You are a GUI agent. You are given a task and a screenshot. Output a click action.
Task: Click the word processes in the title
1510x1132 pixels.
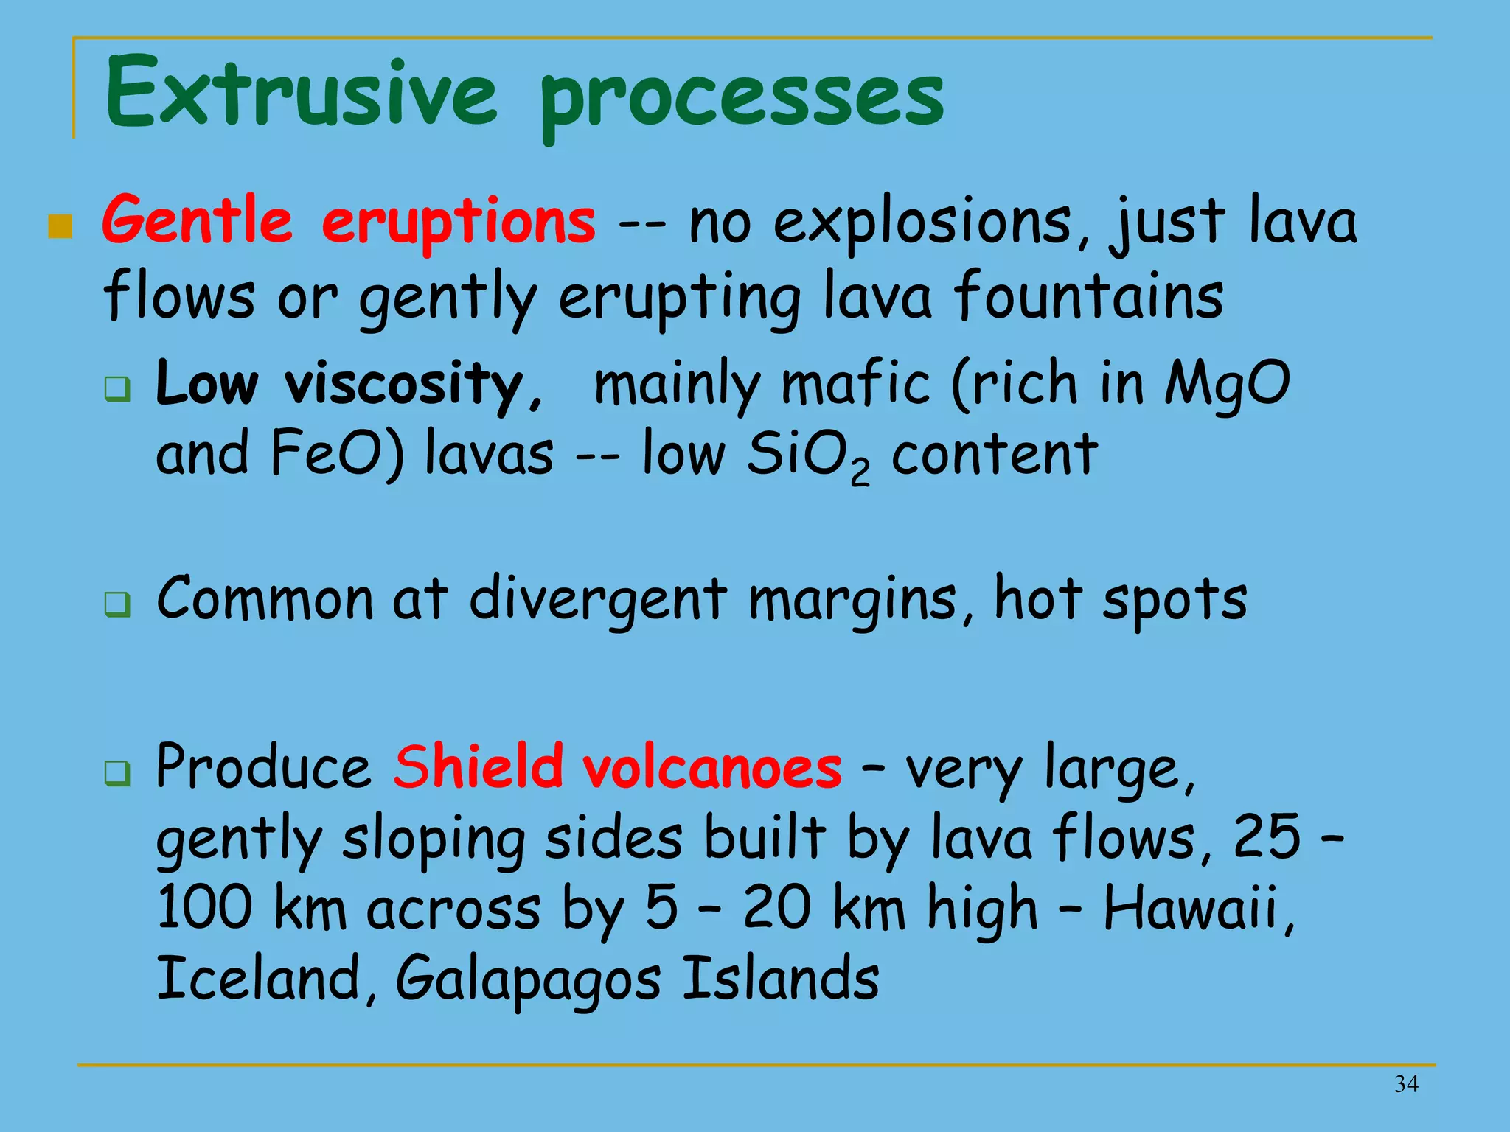(741, 99)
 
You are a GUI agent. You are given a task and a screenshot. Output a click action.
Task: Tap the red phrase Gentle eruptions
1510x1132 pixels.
(348, 221)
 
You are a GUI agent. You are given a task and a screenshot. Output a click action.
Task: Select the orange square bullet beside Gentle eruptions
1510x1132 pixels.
(60, 227)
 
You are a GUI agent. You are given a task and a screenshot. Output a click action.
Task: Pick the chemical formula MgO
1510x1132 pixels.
(1227, 383)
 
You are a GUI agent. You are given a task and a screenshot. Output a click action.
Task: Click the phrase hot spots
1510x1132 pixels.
(1120, 598)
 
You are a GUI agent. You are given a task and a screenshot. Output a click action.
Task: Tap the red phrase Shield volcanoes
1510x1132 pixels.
(616, 767)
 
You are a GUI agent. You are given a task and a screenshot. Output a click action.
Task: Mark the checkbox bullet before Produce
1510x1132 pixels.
(117, 773)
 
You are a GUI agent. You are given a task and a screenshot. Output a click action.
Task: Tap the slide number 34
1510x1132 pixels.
(1406, 1084)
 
